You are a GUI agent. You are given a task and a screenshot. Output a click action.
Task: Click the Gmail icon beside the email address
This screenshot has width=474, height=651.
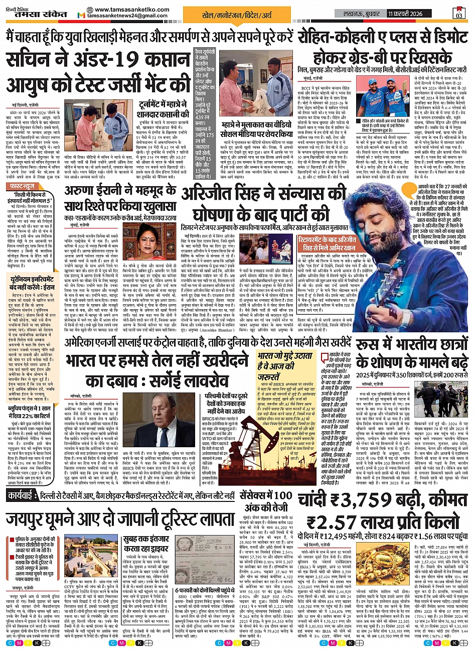(80, 16)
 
